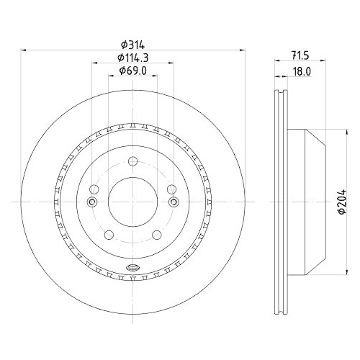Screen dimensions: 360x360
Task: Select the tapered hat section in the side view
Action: pyautogui.click(x=306, y=203)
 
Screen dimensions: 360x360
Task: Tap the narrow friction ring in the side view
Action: pyautogui.click(x=280, y=204)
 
